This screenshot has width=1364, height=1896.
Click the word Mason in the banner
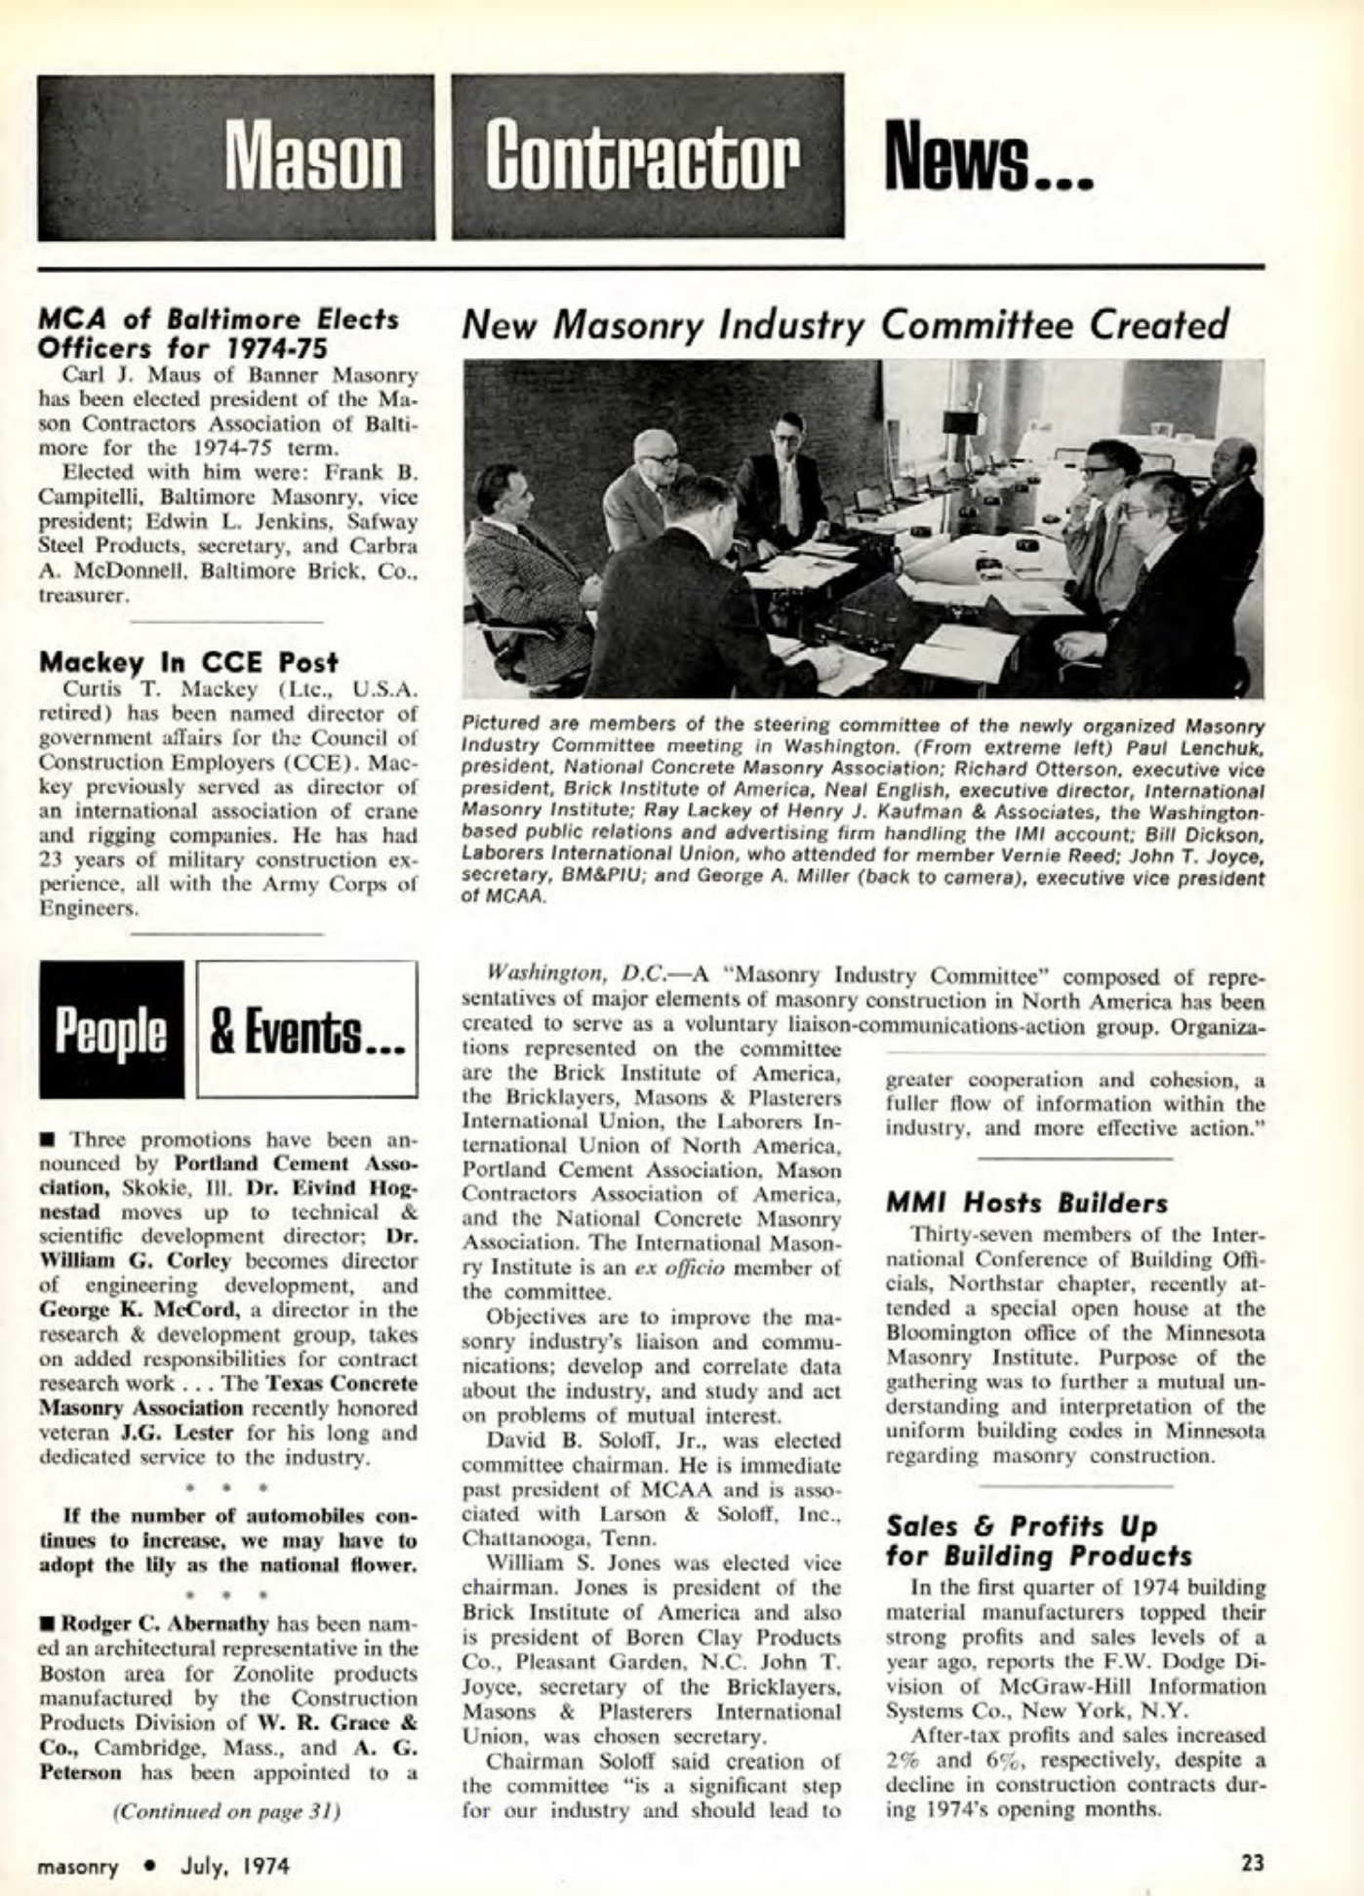coord(314,159)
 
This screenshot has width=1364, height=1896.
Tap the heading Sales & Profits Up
coord(1021,1525)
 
